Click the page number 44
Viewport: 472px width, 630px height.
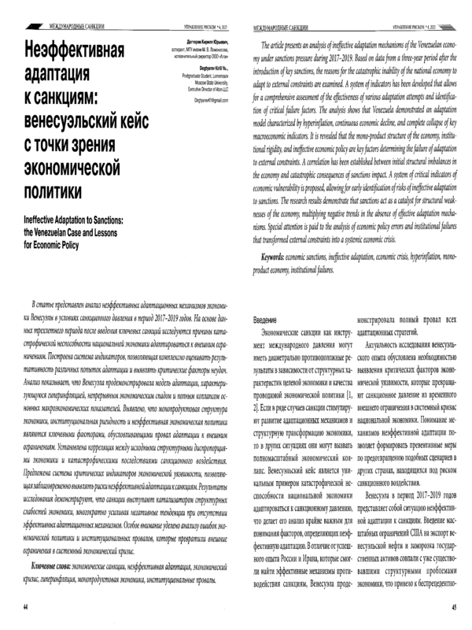tap(27, 606)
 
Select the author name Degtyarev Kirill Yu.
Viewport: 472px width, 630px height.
tap(207, 69)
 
